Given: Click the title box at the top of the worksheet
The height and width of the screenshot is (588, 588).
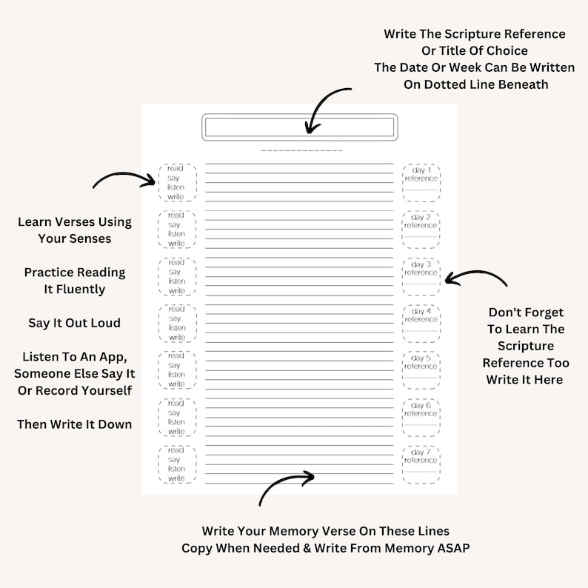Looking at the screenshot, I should tap(299, 127).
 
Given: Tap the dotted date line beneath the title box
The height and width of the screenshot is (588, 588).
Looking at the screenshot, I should tap(301, 151).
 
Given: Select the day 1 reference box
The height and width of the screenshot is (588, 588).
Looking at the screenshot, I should tap(421, 183).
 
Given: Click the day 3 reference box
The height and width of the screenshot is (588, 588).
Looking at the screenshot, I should tap(421, 277).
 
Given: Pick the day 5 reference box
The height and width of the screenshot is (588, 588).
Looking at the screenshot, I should tap(421, 370).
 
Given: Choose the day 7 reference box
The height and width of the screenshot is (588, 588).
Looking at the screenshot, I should tap(421, 464).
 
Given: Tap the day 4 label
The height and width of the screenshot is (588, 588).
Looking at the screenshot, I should tap(421, 311).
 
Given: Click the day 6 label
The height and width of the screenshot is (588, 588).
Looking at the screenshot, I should tap(421, 405).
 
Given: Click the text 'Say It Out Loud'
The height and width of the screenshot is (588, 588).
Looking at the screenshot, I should tap(74, 324).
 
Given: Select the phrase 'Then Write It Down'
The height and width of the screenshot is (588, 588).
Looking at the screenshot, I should tap(74, 424).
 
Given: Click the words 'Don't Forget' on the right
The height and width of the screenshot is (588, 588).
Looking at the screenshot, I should tap(526, 313).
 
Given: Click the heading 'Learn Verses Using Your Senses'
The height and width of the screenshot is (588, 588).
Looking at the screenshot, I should tap(74, 230).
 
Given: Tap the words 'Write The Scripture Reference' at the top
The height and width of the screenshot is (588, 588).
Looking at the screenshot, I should tap(474, 34).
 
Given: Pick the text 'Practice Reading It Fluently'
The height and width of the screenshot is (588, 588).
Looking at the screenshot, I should tap(74, 281).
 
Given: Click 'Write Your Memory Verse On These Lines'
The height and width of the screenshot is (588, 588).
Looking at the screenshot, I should tap(325, 531).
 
